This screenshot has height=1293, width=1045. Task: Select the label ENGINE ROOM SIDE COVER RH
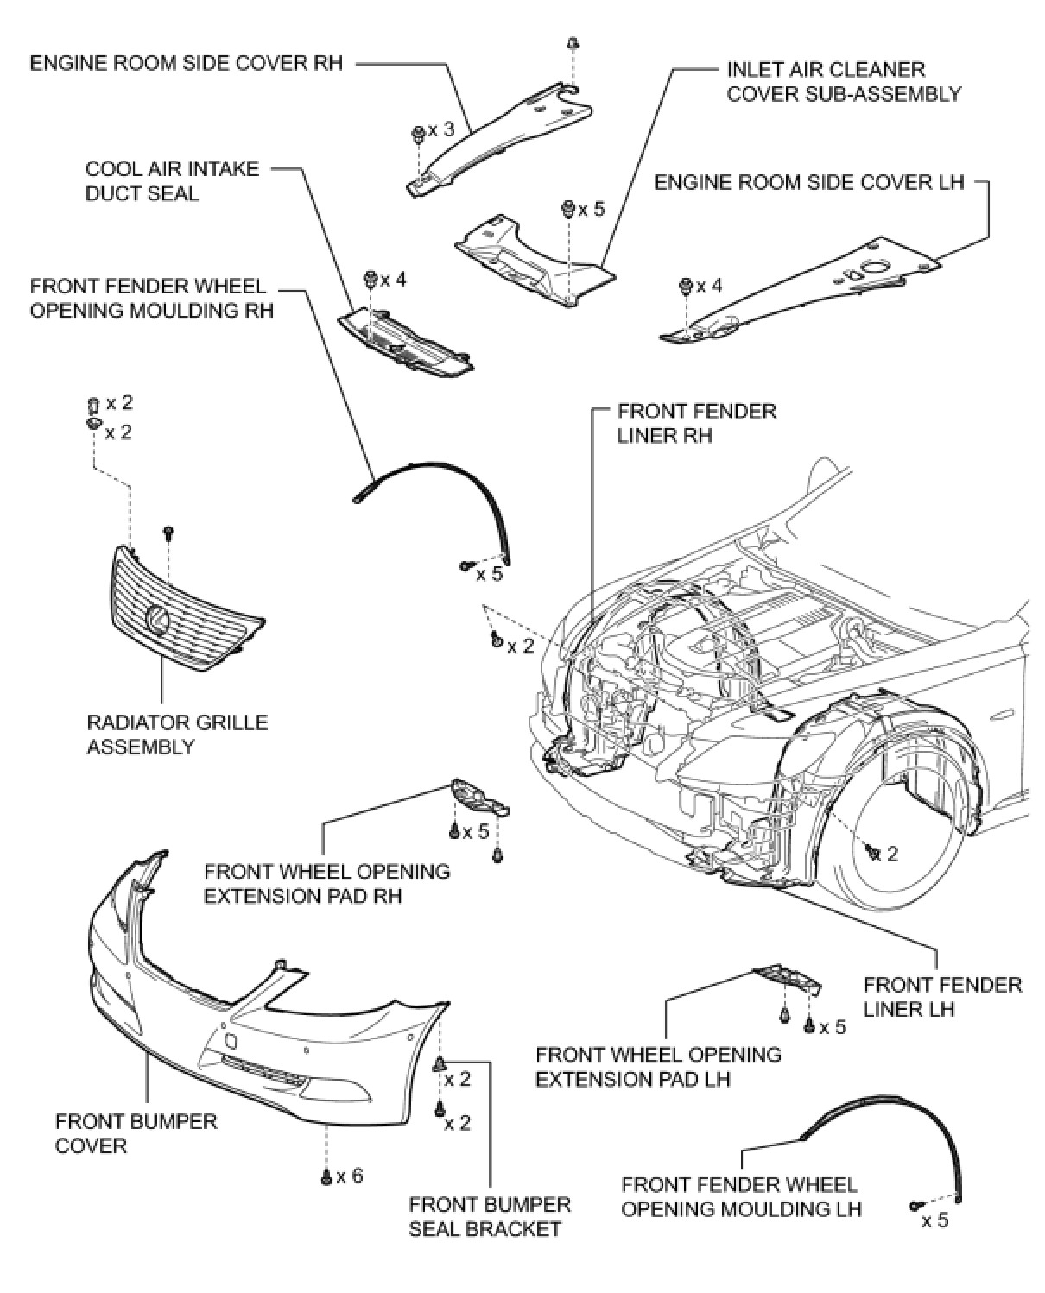point(186,63)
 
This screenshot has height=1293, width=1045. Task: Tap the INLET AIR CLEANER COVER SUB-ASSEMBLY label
point(844,81)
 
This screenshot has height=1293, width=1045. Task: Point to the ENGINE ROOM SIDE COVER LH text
point(808,182)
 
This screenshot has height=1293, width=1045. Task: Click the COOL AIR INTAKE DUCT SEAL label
point(172,180)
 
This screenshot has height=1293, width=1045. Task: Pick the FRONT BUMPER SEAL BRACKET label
point(490,1216)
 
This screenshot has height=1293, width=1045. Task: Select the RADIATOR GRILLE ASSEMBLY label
point(177,735)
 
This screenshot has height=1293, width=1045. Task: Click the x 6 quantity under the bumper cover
point(350,1176)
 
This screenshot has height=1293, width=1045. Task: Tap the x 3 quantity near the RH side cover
point(441,129)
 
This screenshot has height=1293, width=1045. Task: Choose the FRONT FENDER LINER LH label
point(942,997)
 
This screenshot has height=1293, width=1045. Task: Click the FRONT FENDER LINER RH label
point(696,423)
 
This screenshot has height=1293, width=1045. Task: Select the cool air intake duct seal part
point(403,344)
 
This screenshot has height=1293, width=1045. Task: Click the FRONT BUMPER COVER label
point(136,1133)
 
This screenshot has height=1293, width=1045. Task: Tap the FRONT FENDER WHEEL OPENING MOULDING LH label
point(740,1197)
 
